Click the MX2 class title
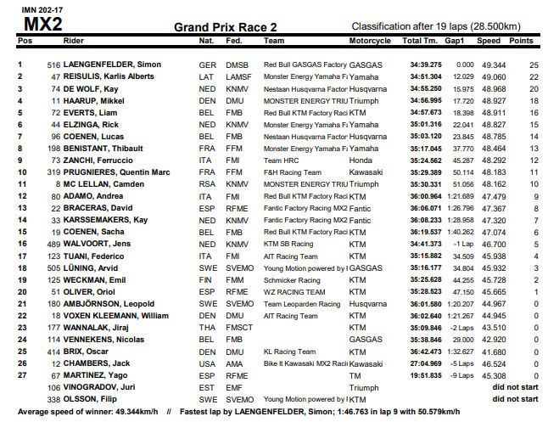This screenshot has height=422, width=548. point(40,24)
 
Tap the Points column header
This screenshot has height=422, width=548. point(521,41)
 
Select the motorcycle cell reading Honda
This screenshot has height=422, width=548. point(361,160)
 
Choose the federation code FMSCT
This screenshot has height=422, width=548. point(241,326)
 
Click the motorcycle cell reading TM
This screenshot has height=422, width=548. point(355,374)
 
